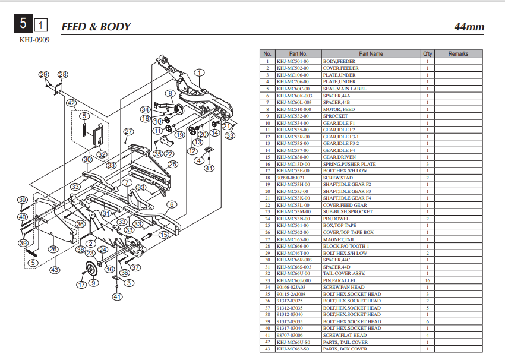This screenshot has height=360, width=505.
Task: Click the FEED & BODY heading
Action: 96,27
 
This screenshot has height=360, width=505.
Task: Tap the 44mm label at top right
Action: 469,27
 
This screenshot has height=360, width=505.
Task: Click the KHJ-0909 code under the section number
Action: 34,40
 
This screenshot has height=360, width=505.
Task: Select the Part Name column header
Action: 371,54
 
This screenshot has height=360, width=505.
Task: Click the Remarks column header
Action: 458,54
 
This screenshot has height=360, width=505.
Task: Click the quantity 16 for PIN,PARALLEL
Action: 427,280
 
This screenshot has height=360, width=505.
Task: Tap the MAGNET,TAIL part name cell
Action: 337,239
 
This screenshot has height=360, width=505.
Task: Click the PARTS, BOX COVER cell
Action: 345,349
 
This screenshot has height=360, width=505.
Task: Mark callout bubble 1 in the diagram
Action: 199,72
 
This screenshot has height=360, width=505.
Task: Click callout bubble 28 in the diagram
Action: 63,75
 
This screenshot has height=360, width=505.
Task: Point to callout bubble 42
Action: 71,103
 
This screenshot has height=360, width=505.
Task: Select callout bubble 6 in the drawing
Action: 171,204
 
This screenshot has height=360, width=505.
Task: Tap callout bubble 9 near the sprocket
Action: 93,283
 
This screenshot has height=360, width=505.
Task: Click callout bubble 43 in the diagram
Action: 55,270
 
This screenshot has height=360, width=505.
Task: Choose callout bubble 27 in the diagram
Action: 129,131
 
